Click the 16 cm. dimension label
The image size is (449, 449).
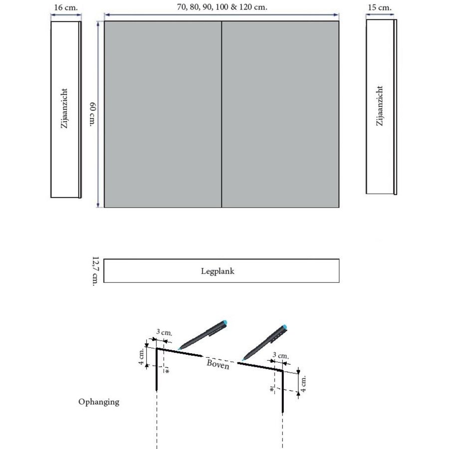pyautogui.click(x=65, y=8)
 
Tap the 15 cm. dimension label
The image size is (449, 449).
pyautogui.click(x=380, y=8)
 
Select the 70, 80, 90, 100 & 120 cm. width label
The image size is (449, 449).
pyautogui.click(x=222, y=8)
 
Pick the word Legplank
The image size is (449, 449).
pyautogui.click(x=221, y=272)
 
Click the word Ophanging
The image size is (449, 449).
pyautogui.click(x=99, y=402)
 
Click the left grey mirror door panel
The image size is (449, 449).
pyautogui.click(x=162, y=114)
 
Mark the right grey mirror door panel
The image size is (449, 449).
pyautogui.click(x=280, y=114)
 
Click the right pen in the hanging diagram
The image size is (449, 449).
pyautogui.click(x=265, y=342)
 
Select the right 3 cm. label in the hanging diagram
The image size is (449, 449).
pyautogui.click(x=280, y=355)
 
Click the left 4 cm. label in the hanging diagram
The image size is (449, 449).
pyautogui.click(x=142, y=356)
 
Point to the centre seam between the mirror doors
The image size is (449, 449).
pyautogui.click(x=221, y=114)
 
